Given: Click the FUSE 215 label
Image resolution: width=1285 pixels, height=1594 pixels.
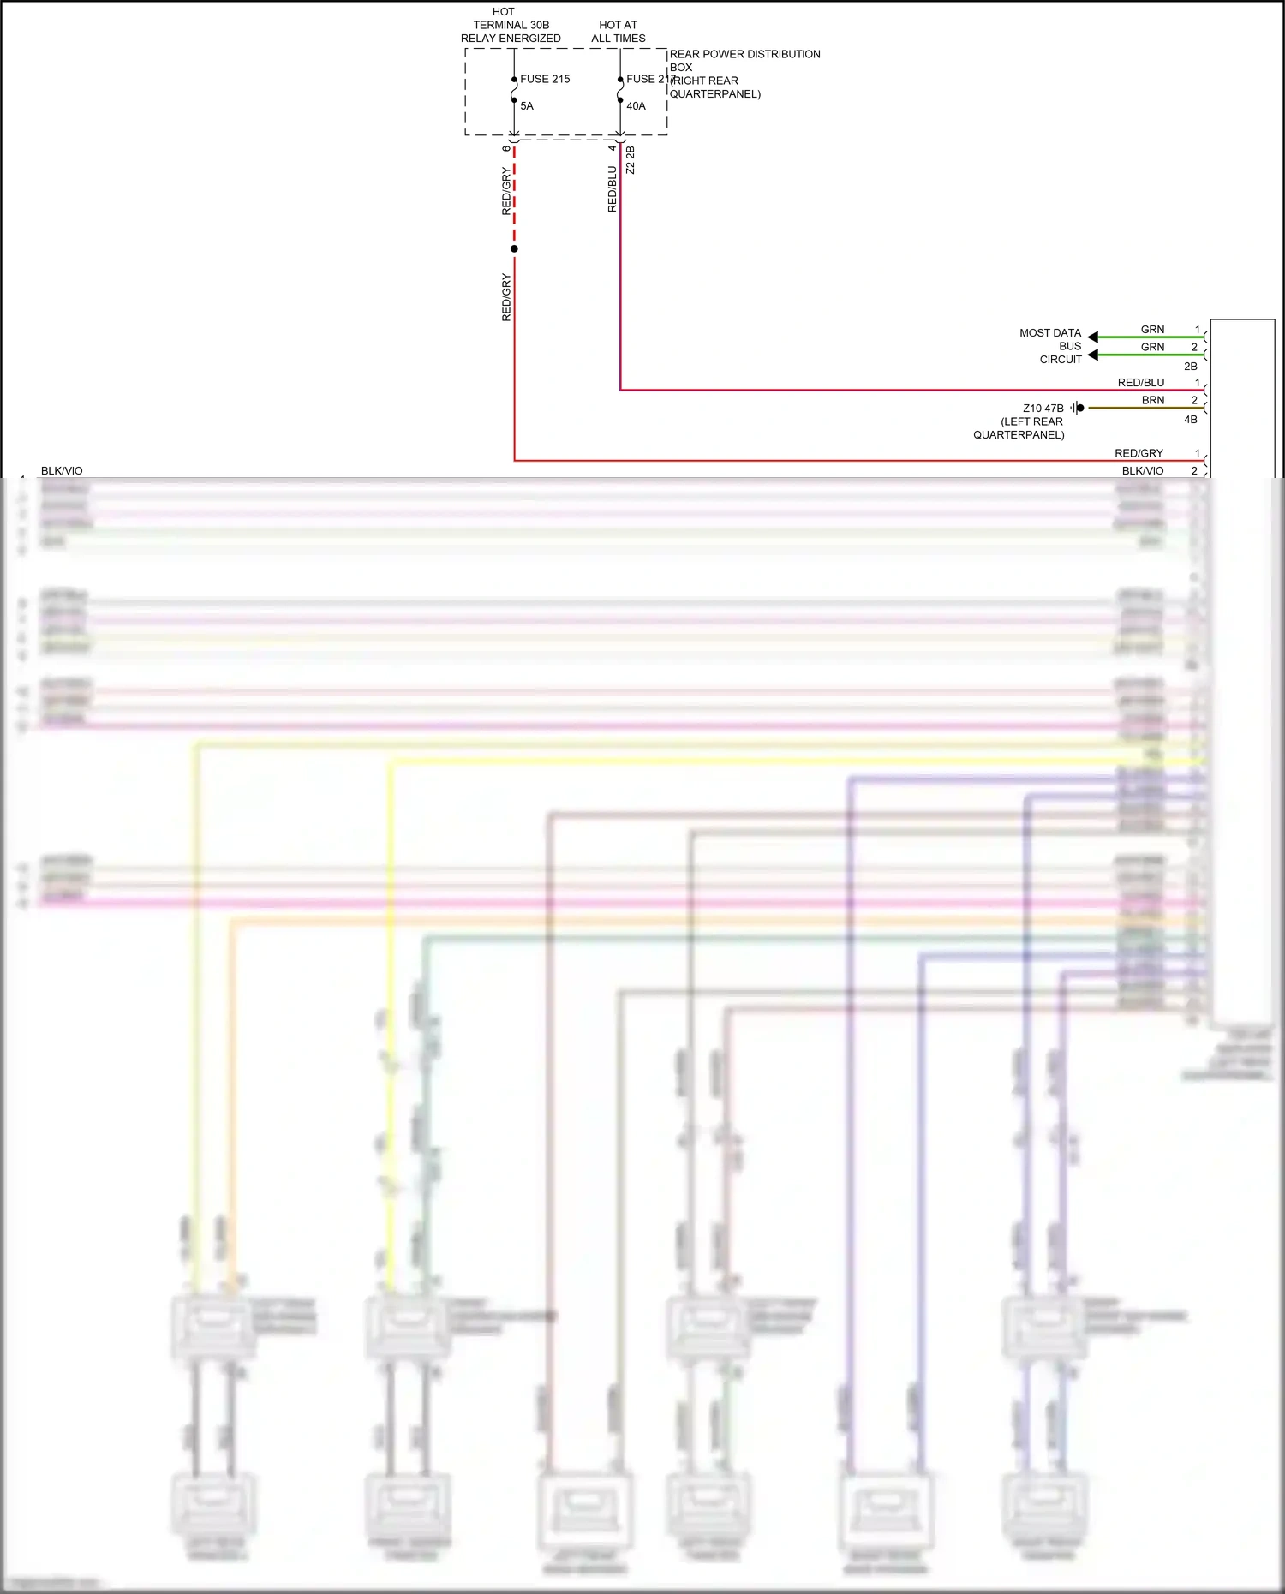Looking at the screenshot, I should point(545,79).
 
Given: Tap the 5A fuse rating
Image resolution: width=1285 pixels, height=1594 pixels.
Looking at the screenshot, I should point(527,106).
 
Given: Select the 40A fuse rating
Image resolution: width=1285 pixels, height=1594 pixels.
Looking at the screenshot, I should point(636,106).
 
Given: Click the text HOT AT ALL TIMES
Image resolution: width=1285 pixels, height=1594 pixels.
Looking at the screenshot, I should point(618,32).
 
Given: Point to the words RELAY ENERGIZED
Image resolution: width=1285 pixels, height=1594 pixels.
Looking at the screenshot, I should point(511,39).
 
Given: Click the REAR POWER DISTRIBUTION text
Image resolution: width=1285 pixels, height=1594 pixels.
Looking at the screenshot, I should point(744,54).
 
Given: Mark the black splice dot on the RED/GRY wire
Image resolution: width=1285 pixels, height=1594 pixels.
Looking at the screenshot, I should point(514,249).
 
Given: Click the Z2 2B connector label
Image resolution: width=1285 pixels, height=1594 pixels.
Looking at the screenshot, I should point(631,160).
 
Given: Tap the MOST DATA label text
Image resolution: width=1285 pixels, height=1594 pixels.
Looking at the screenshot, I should point(1050,333).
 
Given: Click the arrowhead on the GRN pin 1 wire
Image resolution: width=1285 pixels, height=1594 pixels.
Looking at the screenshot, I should point(1093,337).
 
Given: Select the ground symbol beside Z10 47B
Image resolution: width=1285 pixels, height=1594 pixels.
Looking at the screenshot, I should point(1077,408).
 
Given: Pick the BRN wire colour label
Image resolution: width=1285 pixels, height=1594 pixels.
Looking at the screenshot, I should point(1153,400).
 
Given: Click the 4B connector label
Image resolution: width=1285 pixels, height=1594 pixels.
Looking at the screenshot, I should point(1191,420).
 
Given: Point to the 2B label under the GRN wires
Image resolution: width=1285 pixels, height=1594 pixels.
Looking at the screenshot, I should point(1191,367).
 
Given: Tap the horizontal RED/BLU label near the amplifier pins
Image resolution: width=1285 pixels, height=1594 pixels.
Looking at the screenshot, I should point(1141,383).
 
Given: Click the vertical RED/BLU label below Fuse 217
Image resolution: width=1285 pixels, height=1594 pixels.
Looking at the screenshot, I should point(612,189).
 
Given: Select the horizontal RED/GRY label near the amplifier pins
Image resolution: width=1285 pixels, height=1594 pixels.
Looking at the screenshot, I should point(1139,453).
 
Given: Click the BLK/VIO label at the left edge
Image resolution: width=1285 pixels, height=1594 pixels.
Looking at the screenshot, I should point(62,471).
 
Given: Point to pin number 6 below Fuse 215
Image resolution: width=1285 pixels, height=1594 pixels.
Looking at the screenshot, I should point(506,148).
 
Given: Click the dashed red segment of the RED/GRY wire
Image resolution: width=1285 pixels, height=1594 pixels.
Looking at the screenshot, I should point(514,197).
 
